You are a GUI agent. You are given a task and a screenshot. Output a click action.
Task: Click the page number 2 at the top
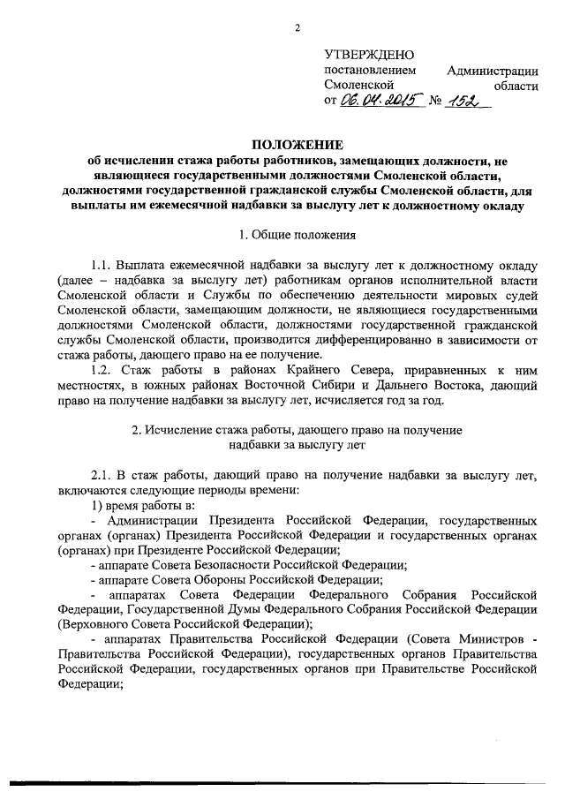pyautogui.click(x=298, y=27)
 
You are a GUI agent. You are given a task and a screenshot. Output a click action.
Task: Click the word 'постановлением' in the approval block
pyautogui.click(x=367, y=71)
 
